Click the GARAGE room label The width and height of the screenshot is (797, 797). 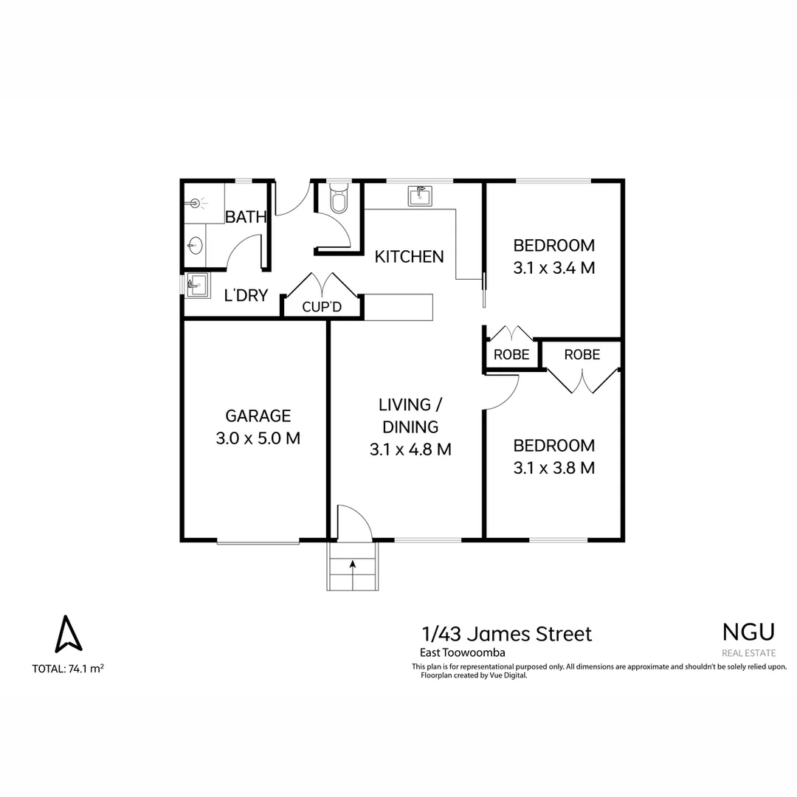point(258,415)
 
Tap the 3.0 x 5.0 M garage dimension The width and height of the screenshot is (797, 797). point(258,438)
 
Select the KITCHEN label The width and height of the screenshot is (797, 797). point(410,257)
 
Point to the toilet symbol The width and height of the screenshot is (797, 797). point(339,200)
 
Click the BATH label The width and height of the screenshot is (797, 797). point(246,218)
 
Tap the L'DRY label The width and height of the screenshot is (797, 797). point(246,296)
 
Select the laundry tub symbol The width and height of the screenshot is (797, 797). point(196,282)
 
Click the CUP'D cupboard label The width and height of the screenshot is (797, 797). point(322,306)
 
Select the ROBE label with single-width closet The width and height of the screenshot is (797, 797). point(511,355)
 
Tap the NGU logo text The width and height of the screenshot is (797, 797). point(748,632)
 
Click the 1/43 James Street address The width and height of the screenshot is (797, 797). point(506,634)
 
